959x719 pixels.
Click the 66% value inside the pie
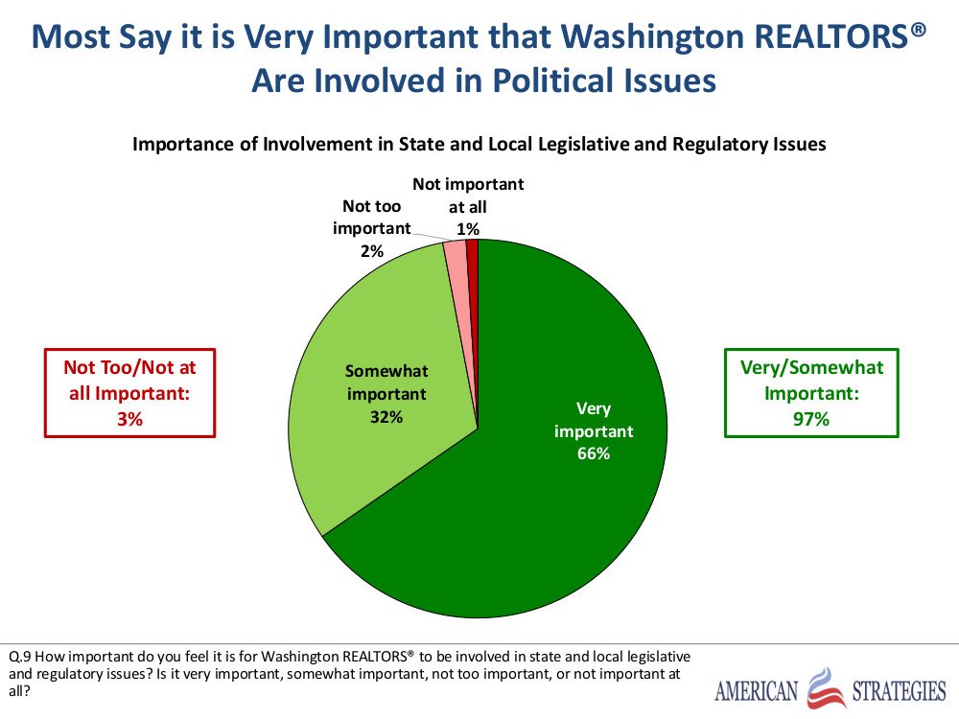[x=594, y=453]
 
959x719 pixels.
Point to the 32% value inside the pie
[x=387, y=417]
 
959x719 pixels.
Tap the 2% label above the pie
[x=372, y=251]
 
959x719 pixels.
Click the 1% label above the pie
[x=468, y=228]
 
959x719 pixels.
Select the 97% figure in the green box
[x=811, y=418]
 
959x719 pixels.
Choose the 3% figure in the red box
[x=130, y=418]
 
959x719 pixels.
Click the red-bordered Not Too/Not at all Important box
[x=130, y=393]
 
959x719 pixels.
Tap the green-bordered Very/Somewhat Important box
[x=811, y=393]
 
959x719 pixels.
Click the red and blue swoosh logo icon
[x=826, y=688]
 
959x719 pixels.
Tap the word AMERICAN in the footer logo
[x=757, y=690]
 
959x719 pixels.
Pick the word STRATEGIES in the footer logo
[x=899, y=690]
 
